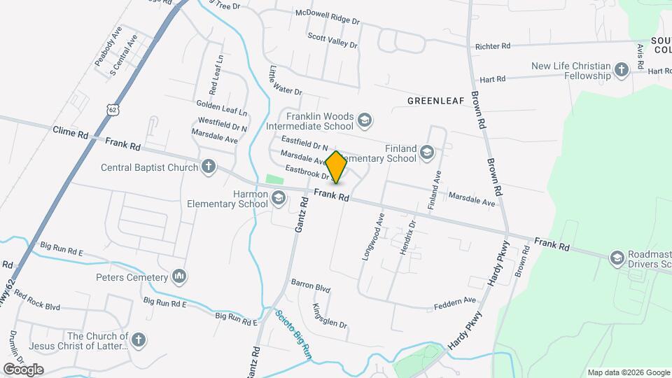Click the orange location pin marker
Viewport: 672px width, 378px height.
point(336,167)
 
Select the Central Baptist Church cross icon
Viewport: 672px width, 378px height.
point(209,167)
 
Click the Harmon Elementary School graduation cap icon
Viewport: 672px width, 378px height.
point(279,199)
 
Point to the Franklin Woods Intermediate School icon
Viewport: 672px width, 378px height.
point(363,121)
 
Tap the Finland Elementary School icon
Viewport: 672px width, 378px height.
point(427,153)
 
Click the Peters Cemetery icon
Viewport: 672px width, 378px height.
point(179,276)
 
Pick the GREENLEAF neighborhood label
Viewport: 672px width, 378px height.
point(436,101)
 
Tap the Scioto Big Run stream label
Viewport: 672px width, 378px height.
point(293,335)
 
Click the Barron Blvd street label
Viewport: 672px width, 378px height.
point(311,287)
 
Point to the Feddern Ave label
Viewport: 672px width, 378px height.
point(454,302)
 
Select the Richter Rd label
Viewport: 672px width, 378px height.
point(493,46)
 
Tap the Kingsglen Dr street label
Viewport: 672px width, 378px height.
point(330,316)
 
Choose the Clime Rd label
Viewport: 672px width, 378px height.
point(71,132)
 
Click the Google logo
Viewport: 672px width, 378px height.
point(23,369)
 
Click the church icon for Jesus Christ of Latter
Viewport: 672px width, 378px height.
point(139,340)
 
